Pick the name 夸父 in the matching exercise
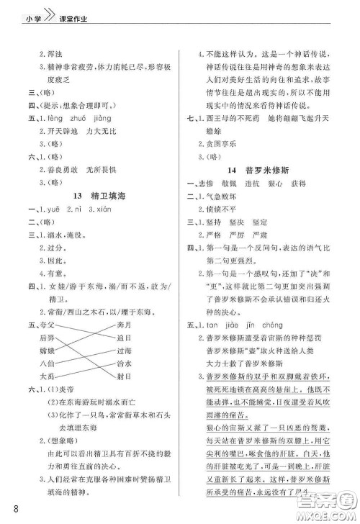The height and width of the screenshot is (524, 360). [x=47, y=325]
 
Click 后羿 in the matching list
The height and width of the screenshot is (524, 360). [x=47, y=338]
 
